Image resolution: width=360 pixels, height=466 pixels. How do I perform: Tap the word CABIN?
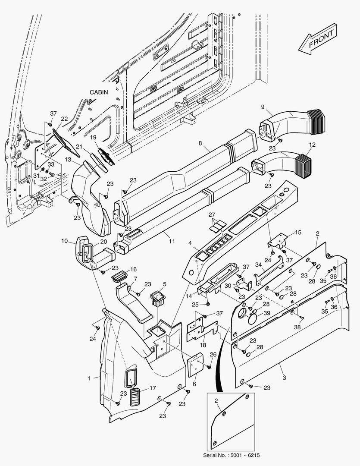click(99, 92)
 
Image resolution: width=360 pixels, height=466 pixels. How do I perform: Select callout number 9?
click(262, 107)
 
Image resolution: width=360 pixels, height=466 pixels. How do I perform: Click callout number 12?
click(312, 144)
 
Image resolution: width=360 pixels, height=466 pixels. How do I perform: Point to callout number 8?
click(200, 143)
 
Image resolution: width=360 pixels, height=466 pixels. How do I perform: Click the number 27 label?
click(212, 214)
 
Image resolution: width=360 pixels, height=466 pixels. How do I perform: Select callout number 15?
click(297, 233)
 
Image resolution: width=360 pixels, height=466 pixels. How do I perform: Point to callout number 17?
click(153, 388)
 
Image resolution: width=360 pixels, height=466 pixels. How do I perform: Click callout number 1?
click(89, 378)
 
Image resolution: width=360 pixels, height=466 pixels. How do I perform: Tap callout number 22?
click(64, 119)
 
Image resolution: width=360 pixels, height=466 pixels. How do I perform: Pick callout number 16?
click(134, 269)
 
